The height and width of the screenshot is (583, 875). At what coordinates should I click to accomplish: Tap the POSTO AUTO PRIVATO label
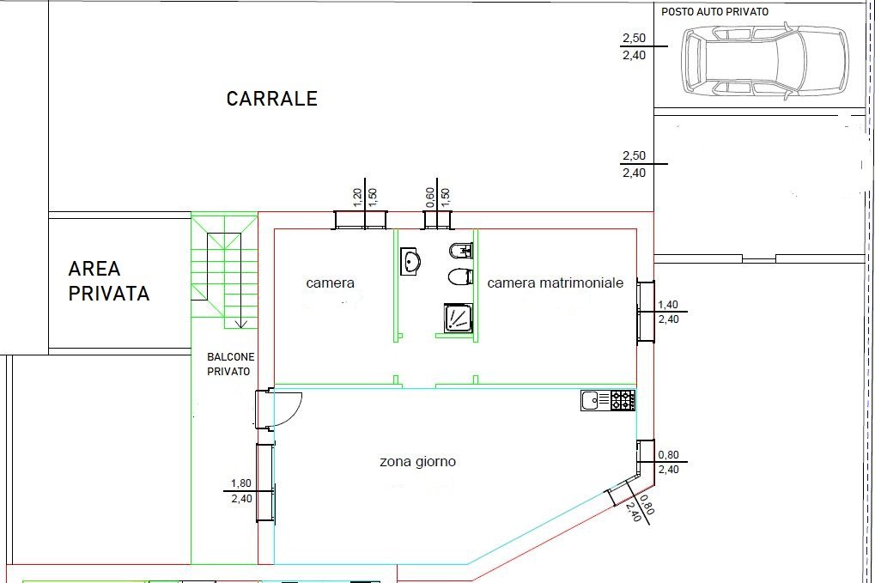[714, 12]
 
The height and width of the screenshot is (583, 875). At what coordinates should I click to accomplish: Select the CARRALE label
[271, 99]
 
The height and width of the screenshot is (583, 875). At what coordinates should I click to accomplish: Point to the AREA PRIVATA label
[109, 282]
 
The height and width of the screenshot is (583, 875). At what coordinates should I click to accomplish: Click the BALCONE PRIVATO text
[229, 364]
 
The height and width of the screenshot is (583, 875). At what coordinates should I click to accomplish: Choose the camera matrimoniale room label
[555, 282]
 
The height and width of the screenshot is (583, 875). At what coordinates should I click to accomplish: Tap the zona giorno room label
[417, 462]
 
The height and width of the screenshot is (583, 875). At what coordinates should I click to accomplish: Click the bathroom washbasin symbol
[410, 260]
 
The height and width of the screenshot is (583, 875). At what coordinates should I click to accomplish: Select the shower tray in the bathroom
[457, 318]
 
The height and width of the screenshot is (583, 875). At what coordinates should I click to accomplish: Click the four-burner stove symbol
[623, 399]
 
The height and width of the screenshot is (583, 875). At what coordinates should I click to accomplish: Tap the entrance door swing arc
[289, 407]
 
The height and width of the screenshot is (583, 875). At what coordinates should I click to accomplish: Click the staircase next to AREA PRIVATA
[224, 270]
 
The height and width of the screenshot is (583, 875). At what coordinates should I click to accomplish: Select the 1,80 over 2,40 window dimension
[240, 490]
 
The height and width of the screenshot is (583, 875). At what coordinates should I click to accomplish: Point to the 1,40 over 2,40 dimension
[667, 312]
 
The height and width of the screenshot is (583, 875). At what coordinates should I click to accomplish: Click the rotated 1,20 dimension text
[357, 197]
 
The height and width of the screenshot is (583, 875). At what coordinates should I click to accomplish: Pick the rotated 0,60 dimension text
[429, 197]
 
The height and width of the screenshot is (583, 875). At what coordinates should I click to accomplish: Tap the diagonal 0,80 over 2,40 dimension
[641, 509]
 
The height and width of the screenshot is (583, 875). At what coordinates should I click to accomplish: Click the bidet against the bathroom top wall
[461, 251]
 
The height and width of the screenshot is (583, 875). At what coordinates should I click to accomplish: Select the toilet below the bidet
[461, 276]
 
